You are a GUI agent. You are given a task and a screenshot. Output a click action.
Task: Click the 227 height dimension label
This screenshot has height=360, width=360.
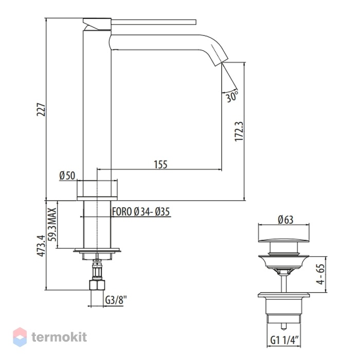pyautogui.click(x=42, y=110)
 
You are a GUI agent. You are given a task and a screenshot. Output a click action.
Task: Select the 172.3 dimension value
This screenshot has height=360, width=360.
pyautogui.click(x=239, y=132)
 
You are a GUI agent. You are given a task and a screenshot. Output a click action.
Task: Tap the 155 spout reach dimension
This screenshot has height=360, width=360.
pyautogui.click(x=160, y=165)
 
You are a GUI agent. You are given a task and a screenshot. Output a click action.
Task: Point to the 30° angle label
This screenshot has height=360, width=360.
pyautogui.click(x=231, y=97)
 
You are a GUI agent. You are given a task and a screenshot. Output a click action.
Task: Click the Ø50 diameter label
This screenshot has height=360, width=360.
pyautogui.click(x=67, y=176)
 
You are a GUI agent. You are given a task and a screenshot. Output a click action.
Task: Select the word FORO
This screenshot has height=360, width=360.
pyautogui.click(x=122, y=212)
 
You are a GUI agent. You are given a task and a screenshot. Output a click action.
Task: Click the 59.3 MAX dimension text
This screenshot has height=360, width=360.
pyautogui.click(x=52, y=224)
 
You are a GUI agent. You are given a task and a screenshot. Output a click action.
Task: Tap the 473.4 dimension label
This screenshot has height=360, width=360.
pyautogui.click(x=41, y=245)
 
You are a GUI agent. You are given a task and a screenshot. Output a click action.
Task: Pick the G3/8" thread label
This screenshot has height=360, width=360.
pyautogui.click(x=116, y=300)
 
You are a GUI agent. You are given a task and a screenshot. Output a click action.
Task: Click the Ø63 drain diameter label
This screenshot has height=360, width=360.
pyautogui.click(x=285, y=220)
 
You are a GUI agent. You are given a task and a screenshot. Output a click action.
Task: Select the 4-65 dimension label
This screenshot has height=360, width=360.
pyautogui.click(x=321, y=274)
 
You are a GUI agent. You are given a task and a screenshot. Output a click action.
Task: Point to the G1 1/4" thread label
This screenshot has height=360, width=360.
pyautogui.click(x=284, y=340)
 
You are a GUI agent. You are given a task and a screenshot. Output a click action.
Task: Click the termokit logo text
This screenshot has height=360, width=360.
pyautogui.click(x=59, y=337)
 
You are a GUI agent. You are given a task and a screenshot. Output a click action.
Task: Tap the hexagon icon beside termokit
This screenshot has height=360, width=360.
pyautogui.click(x=20, y=337)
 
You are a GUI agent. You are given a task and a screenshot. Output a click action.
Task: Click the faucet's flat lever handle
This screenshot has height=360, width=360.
pyautogui.click(x=154, y=22)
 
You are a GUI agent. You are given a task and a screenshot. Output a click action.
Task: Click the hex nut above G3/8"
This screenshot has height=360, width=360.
pyautogui.click(x=97, y=285)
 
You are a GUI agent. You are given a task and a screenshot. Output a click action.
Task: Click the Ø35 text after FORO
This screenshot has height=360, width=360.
pyautogui.click(x=163, y=212)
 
